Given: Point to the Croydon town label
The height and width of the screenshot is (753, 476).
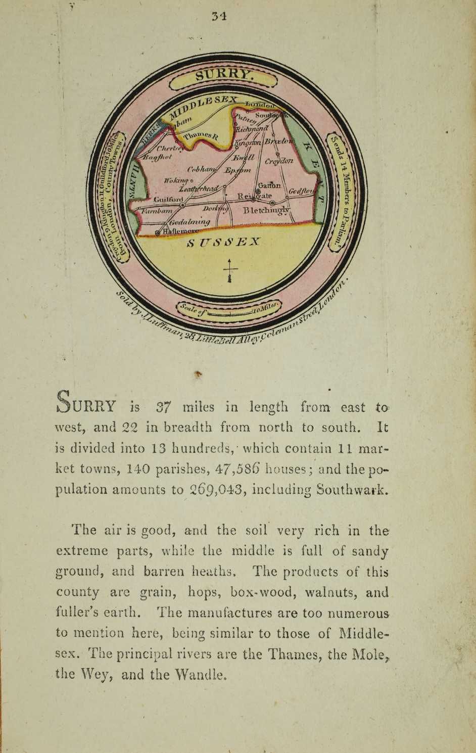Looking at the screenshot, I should pyautogui.click(x=278, y=161).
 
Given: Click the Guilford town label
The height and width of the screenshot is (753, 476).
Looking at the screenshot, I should pyautogui.click(x=168, y=200).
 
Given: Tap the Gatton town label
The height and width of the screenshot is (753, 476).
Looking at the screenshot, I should pyautogui.click(x=272, y=186).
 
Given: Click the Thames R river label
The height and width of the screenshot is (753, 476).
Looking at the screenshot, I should pyautogui.click(x=201, y=135).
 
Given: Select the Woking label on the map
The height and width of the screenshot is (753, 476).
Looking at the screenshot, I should pyautogui.click(x=174, y=180).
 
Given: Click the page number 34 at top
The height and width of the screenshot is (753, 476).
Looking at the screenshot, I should pyautogui.click(x=219, y=16).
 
